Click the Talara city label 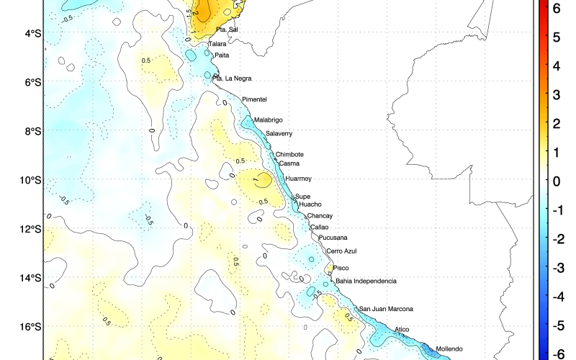pos(217,44)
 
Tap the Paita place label pos(222,55)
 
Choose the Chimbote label pos(289,154)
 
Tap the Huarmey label pos(298,179)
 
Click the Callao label pos(319,227)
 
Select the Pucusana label pos(333,238)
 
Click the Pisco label pos(341,268)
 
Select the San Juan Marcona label pos(386,309)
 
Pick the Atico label pos(402,330)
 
